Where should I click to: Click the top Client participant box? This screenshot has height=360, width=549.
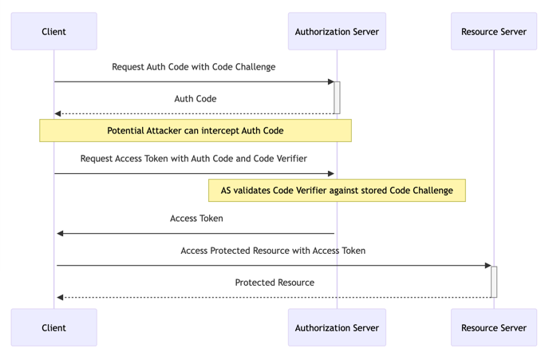pyautogui.click(x=53, y=31)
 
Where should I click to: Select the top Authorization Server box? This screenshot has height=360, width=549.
pyautogui.click(x=337, y=31)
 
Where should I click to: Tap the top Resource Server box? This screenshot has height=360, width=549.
pyautogui.click(x=493, y=31)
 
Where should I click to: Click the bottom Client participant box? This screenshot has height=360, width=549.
pyautogui.click(x=53, y=327)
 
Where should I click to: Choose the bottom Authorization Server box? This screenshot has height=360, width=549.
pyautogui.click(x=337, y=327)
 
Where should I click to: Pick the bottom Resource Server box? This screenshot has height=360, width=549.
pyautogui.click(x=493, y=327)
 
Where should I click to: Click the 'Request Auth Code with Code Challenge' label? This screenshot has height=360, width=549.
pyautogui.click(x=193, y=67)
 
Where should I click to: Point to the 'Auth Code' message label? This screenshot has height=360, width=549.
pyautogui.click(x=195, y=99)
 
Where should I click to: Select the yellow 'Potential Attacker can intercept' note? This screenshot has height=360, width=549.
pyautogui.click(x=195, y=130)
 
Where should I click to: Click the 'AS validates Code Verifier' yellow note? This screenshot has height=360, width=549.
pyautogui.click(x=337, y=190)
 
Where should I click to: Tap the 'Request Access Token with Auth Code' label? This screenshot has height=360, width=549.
pyautogui.click(x=193, y=159)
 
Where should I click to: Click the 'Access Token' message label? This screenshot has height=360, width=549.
pyautogui.click(x=196, y=219)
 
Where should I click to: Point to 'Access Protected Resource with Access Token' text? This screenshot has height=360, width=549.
pyautogui.click(x=273, y=251)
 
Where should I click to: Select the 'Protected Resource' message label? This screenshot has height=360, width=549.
pyautogui.click(x=274, y=283)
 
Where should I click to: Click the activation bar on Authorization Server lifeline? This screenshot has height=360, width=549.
pyautogui.click(x=337, y=97)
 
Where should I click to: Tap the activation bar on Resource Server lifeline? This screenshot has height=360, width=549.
pyautogui.click(x=494, y=281)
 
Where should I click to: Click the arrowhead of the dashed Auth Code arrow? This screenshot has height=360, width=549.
pyautogui.click(x=58, y=113)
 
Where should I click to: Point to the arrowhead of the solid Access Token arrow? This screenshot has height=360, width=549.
pyautogui.click(x=61, y=233)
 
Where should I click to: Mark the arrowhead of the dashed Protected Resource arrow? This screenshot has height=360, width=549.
pyautogui.click(x=61, y=297)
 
